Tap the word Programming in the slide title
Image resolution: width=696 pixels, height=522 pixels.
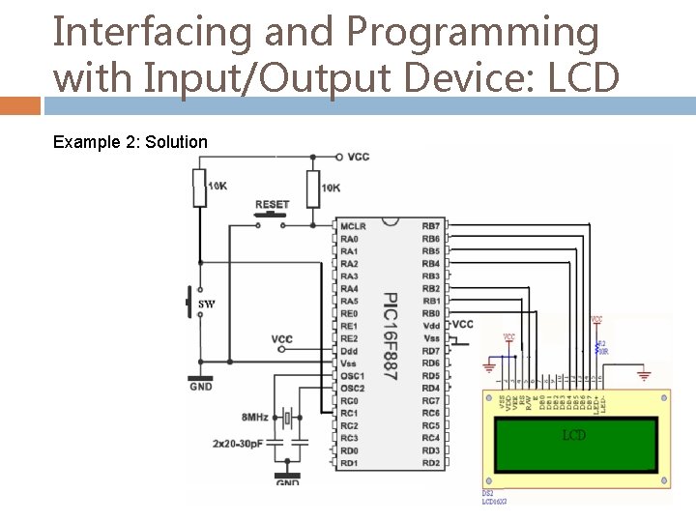[473, 33]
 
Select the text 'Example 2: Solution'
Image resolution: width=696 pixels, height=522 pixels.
[130, 142]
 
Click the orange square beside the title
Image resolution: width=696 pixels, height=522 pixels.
[20, 105]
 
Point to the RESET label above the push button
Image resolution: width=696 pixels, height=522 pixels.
[272, 205]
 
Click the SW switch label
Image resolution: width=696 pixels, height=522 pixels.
[207, 304]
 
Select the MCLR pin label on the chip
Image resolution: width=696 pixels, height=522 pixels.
[353, 226]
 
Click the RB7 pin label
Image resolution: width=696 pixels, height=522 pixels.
[430, 226]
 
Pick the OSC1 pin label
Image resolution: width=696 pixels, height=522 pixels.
[353, 376]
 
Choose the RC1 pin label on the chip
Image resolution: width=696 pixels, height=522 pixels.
[349, 414]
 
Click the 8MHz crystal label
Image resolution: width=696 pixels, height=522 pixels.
[255, 417]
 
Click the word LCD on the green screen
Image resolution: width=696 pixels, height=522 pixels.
[574, 435]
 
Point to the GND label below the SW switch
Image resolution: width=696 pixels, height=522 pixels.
[200, 387]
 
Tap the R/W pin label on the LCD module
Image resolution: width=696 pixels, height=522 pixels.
[529, 403]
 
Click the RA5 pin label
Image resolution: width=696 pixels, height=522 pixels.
[349, 302]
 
